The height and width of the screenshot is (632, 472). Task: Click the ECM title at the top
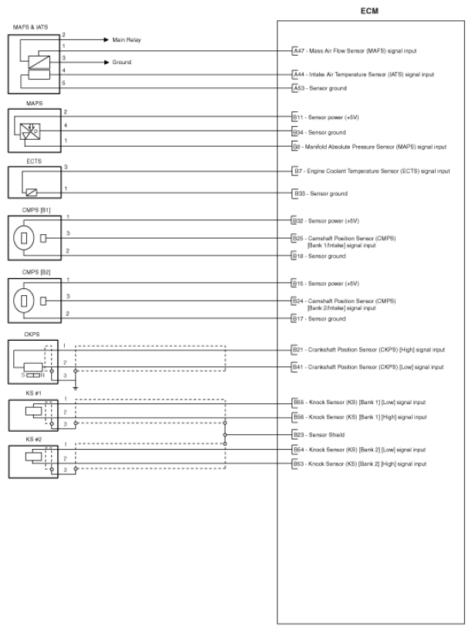point(369,12)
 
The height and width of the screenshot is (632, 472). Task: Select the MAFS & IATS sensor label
point(30,27)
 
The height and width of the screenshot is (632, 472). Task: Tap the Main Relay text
point(127,39)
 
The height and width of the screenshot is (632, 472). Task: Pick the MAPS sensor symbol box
point(33,128)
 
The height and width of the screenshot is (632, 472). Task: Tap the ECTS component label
point(34,161)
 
